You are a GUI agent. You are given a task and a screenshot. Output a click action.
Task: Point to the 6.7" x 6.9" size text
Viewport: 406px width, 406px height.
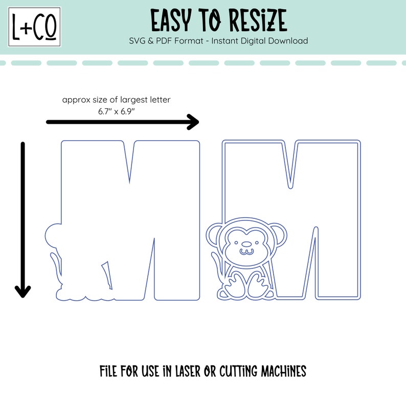[x=116, y=110]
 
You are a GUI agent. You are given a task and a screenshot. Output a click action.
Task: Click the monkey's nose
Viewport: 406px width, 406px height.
[x=245, y=245]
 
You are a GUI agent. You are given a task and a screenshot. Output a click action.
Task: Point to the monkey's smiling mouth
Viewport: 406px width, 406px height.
[x=245, y=252]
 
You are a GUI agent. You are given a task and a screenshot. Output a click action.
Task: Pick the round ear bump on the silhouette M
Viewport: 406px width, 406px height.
[x=53, y=237]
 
